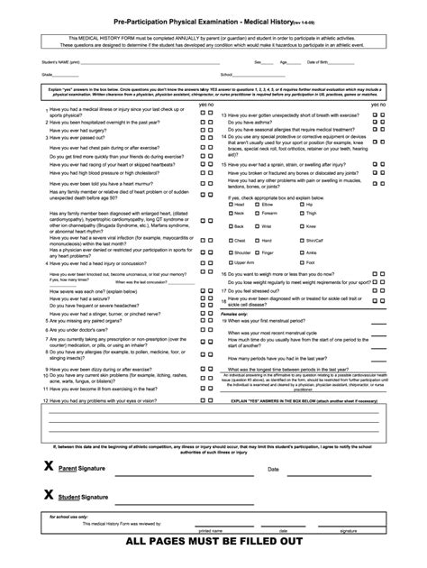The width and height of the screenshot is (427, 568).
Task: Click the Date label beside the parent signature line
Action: pyautogui.click(x=273, y=470)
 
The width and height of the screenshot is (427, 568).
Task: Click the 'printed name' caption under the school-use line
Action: pyautogui.click(x=215, y=531)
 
